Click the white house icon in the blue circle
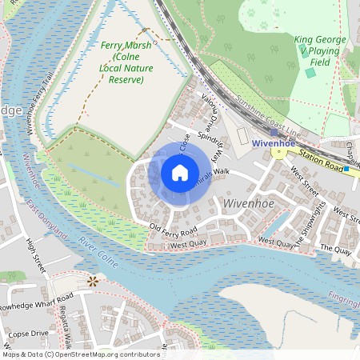coord(180,173)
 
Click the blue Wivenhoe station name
coord(274,143)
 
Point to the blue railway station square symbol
coord(274,132)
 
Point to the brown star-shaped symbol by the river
coord(93,281)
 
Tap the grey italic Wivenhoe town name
coord(250,204)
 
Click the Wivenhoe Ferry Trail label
coord(38,101)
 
